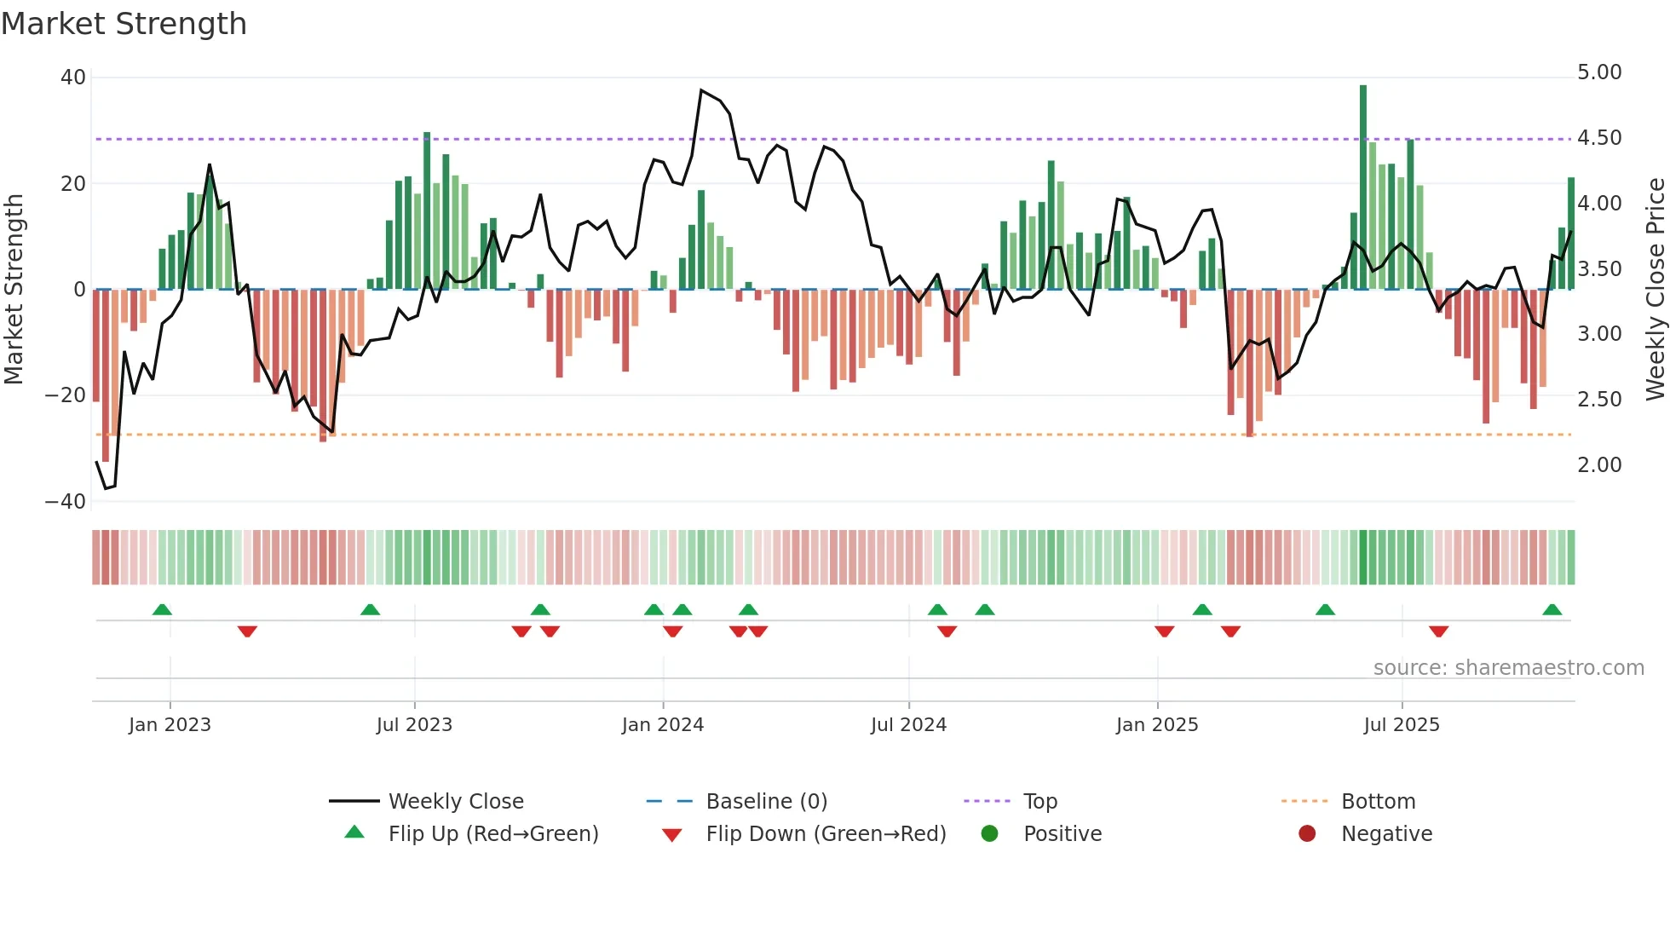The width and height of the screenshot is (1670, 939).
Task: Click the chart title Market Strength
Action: tap(124, 24)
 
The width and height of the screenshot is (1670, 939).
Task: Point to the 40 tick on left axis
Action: tap(73, 78)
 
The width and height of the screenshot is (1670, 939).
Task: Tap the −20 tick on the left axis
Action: tap(66, 395)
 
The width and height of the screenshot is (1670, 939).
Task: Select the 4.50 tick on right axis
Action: tap(1599, 138)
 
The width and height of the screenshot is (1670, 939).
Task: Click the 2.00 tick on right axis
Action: tap(1599, 465)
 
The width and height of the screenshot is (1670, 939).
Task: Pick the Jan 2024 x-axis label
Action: tap(663, 725)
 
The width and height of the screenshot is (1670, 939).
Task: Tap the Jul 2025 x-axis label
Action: tap(1402, 725)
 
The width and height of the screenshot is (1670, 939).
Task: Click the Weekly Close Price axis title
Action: tap(1655, 289)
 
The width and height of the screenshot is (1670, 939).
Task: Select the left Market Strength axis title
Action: tap(14, 289)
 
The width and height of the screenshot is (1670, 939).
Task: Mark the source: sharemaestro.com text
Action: tap(1508, 668)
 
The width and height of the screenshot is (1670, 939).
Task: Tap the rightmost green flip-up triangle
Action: tap(1552, 610)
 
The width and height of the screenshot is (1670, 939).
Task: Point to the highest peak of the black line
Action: tap(701, 90)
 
